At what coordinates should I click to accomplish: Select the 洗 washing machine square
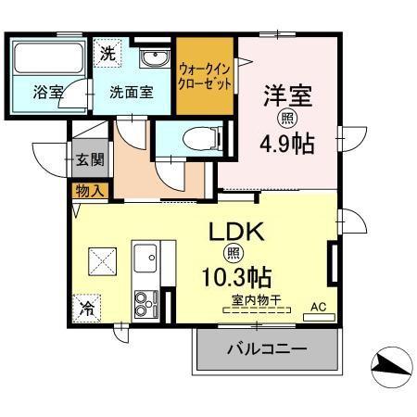coord(109,54)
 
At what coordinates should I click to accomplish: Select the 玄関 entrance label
coord(91,158)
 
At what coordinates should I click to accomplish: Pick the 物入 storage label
coord(90,190)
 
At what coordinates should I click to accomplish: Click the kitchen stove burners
coord(145,303)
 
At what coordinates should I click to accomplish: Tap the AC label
coord(318,306)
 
